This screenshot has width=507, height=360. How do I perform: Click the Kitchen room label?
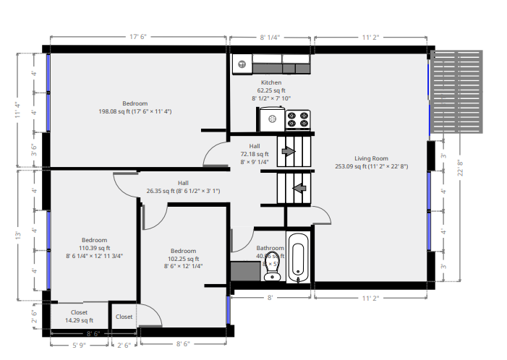[x=271, y=82]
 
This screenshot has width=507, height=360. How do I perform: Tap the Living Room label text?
[x=371, y=158]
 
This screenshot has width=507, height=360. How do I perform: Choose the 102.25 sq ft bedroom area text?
[x=184, y=259]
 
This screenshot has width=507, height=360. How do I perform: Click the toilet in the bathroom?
[x=272, y=266]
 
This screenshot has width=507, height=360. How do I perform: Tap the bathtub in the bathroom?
[x=299, y=258]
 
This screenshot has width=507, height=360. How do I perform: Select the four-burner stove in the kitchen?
[x=297, y=119]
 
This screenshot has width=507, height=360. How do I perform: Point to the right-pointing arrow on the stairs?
[x=288, y=151]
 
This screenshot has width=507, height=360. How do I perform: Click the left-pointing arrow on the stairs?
[x=297, y=189]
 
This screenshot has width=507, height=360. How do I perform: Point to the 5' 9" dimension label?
[x=78, y=345]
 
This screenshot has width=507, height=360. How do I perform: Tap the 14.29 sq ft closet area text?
[x=79, y=320]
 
